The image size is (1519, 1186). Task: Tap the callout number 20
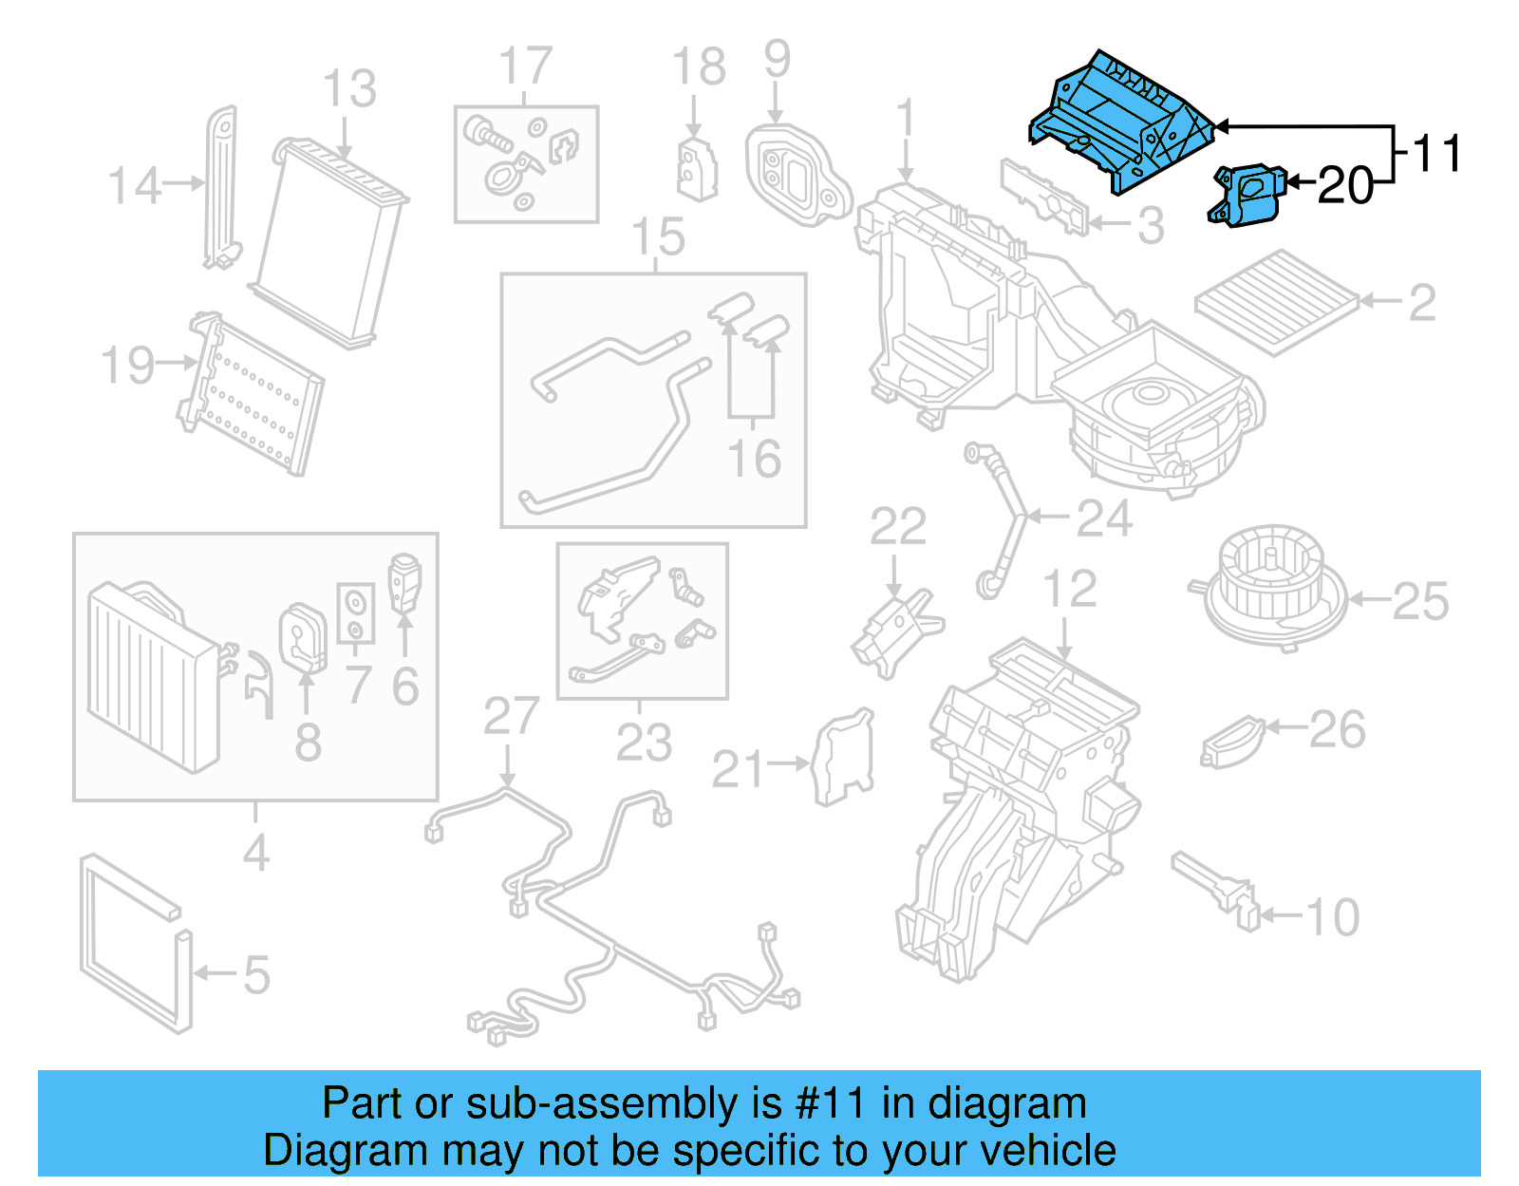point(1345,185)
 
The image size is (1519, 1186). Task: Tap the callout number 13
point(349,89)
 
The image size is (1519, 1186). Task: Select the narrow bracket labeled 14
point(220,185)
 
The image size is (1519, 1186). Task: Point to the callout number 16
point(754,459)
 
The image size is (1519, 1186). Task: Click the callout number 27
point(511,717)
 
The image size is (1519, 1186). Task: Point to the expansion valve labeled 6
point(404,581)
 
